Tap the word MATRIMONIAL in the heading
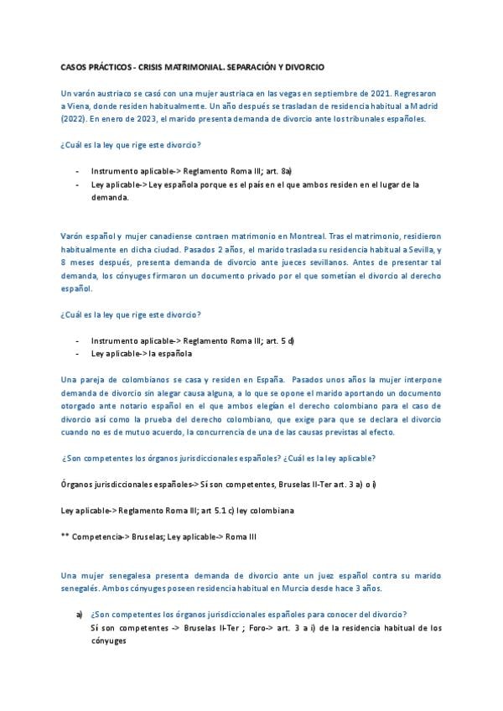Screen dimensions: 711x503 (185, 65)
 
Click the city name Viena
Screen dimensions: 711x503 (80, 106)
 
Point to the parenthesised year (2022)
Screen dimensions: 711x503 (75, 119)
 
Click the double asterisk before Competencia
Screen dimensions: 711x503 (66, 536)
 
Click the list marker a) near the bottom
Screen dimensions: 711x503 (79, 615)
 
